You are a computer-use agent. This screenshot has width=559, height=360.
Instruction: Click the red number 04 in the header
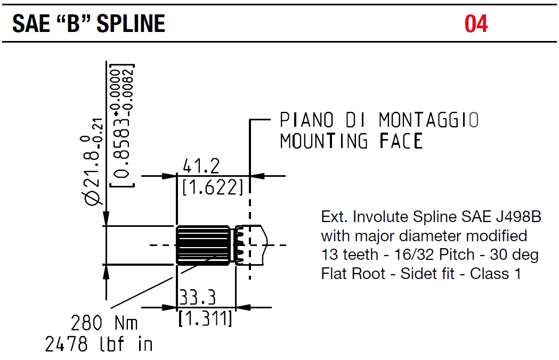[x=476, y=24]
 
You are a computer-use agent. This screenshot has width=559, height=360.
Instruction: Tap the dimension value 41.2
[x=201, y=167]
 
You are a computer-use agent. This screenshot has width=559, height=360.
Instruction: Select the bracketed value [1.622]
[x=213, y=187]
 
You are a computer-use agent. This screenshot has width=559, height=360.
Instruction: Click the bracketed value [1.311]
[x=205, y=318]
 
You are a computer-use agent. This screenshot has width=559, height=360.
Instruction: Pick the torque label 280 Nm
[x=104, y=323]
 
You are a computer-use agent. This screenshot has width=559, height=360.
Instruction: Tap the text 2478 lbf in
[x=99, y=345]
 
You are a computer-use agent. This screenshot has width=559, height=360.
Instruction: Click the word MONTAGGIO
[x=428, y=120]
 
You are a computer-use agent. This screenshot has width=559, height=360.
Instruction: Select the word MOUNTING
[x=324, y=142]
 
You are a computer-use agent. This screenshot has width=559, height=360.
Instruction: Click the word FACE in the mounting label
[x=401, y=142]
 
